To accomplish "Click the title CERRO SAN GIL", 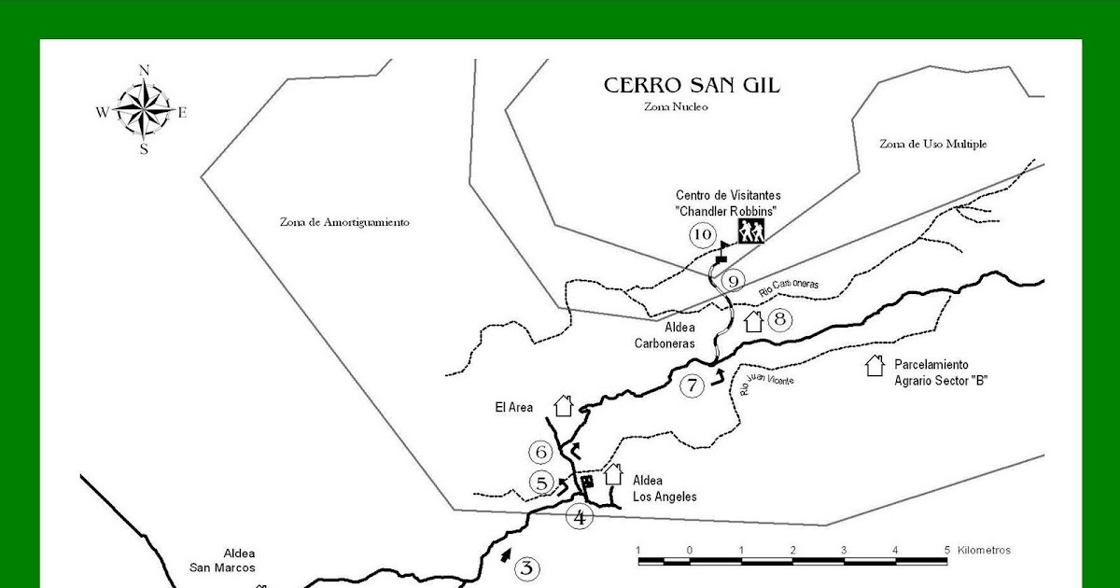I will (x=692, y=86).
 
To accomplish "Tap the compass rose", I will (x=143, y=110).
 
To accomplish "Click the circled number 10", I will (x=702, y=234).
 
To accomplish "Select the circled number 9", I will (x=734, y=280).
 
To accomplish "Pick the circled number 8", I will (x=780, y=320).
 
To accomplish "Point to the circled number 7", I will (x=692, y=385).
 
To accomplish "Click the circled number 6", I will (x=541, y=453).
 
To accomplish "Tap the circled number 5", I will (x=542, y=483).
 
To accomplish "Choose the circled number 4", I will (x=580, y=516).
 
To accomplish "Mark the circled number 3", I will (x=526, y=567).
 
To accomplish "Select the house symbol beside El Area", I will (x=563, y=405).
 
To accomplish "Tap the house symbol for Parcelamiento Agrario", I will (x=875, y=365).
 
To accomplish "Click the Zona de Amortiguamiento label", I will (x=344, y=222).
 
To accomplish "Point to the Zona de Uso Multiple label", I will (x=932, y=144).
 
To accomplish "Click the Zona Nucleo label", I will (x=676, y=106).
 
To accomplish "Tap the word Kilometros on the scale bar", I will (x=984, y=550).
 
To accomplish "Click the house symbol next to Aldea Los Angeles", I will (x=613, y=474).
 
